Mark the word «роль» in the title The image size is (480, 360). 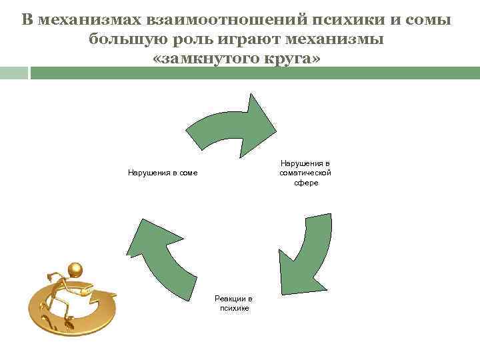click(191, 39)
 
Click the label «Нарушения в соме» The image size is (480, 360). click(163, 173)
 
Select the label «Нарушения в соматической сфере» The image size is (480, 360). click(305, 173)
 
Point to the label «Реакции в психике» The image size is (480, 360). click(233, 303)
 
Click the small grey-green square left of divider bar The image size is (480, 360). click(14, 72)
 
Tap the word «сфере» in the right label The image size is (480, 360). click(307, 183)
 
